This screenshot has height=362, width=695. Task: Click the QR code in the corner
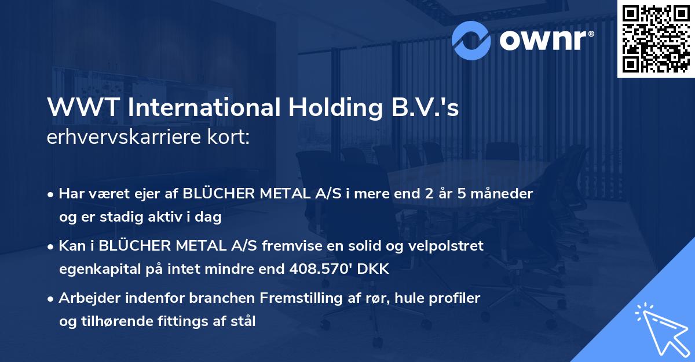(656, 38)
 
